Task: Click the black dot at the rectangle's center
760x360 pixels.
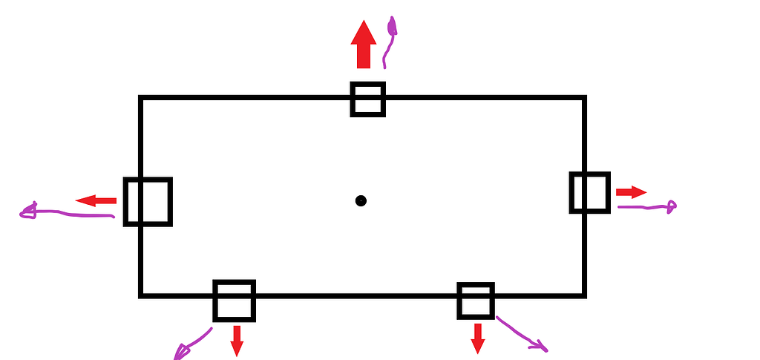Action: point(361,200)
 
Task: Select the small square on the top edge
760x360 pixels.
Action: point(368,99)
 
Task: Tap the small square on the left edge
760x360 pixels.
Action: point(148,201)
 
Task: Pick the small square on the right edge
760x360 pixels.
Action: point(590,192)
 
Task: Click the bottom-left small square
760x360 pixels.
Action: point(235,300)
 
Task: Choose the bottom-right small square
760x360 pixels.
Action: point(476,300)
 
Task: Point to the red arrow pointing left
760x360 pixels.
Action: point(96,200)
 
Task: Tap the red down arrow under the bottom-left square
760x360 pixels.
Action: point(237,340)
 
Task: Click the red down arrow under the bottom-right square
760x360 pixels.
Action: point(478,338)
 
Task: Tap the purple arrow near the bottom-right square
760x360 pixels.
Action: point(522,333)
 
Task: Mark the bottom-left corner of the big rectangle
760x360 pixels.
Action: point(140,295)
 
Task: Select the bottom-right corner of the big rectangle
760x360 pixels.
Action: point(584,295)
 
